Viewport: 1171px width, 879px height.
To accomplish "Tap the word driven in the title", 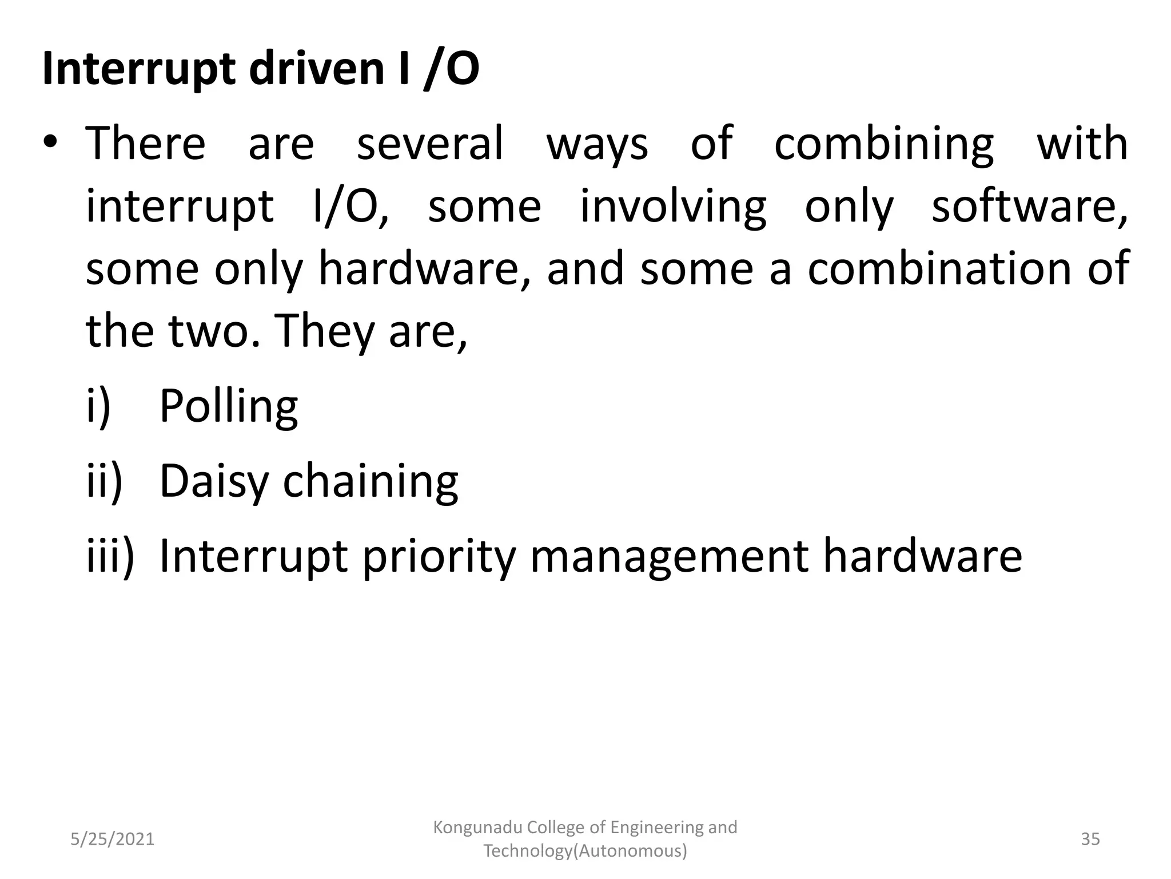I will pyautogui.click(x=316, y=69).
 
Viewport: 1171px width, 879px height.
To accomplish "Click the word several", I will pyautogui.click(x=430, y=143).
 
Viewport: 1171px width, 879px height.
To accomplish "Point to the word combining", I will pyautogui.click(x=884, y=144).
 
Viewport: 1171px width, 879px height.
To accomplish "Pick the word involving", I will pyautogui.click(x=673, y=207).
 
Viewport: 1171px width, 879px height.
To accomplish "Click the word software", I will pyautogui.click(x=1030, y=206).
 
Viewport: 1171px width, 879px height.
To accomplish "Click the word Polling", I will pyautogui.click(x=228, y=407).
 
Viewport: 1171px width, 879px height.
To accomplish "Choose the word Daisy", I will pyautogui.click(x=213, y=482).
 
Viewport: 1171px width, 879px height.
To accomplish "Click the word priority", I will pyautogui.click(x=439, y=556).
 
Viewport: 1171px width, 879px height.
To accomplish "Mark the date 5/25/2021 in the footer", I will pyautogui.click(x=112, y=839).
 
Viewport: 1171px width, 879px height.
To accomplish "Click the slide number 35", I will pyautogui.click(x=1090, y=839).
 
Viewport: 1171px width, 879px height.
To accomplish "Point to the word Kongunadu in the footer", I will pyautogui.click(x=477, y=827).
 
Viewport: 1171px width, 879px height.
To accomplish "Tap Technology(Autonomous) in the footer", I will pyautogui.click(x=585, y=851).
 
